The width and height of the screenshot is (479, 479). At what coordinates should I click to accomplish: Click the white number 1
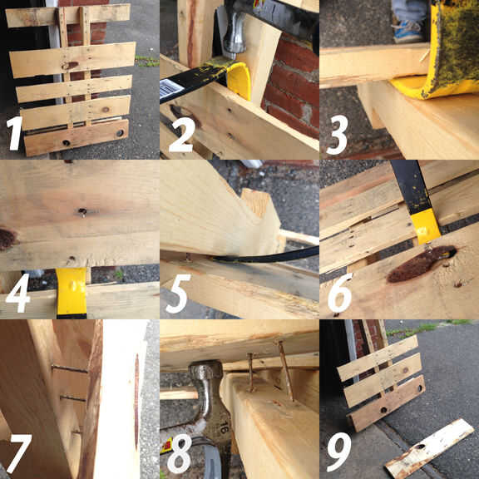[14, 133]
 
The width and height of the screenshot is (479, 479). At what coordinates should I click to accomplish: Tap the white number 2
[182, 135]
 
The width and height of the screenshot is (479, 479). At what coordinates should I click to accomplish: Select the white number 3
[338, 135]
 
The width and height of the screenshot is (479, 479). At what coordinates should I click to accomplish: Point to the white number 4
[18, 293]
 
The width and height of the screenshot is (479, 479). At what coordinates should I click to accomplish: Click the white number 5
[179, 294]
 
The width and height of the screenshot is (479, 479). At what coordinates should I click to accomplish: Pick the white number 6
[340, 294]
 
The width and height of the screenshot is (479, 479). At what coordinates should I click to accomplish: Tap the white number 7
[19, 453]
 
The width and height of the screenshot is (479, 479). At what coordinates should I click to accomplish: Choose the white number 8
[180, 454]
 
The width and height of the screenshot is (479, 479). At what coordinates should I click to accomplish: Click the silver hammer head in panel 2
[235, 34]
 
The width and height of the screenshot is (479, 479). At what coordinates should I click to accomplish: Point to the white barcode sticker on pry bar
[170, 88]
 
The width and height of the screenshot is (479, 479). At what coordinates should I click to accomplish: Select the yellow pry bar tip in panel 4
[72, 291]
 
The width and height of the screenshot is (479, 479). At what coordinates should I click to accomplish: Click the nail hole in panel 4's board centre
[81, 211]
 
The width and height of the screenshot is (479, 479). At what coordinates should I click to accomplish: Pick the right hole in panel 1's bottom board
[120, 133]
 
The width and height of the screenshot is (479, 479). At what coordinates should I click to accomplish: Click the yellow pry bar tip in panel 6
[425, 228]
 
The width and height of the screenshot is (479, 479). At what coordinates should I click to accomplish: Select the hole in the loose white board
[419, 447]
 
